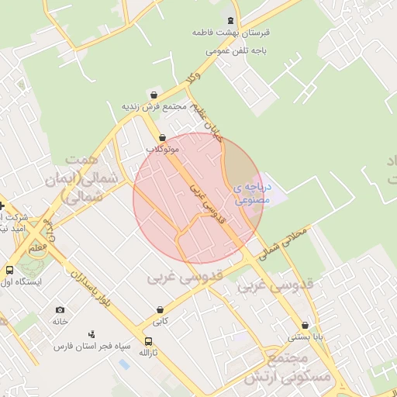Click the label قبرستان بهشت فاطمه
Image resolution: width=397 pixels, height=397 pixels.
tap(230, 34)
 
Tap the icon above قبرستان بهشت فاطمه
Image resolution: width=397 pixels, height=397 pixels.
tap(230, 20)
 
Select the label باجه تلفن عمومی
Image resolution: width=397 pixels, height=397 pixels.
tap(236, 50)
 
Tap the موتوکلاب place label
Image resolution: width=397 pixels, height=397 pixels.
tap(162, 147)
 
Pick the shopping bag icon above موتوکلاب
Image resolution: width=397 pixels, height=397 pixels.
tap(162, 136)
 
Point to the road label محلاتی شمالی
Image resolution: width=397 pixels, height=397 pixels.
tap(285, 243)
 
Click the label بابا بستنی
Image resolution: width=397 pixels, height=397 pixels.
tap(305, 337)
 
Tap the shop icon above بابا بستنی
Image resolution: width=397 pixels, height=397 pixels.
tap(305, 326)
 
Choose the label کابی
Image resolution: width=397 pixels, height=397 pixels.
tap(160, 320)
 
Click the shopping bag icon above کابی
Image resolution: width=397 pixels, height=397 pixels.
tap(160, 309)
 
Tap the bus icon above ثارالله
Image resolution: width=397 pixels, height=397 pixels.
tap(148, 340)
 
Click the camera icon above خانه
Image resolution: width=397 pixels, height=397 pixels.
tap(60, 309)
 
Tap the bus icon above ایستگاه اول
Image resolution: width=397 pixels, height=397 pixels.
tap(9, 271)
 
